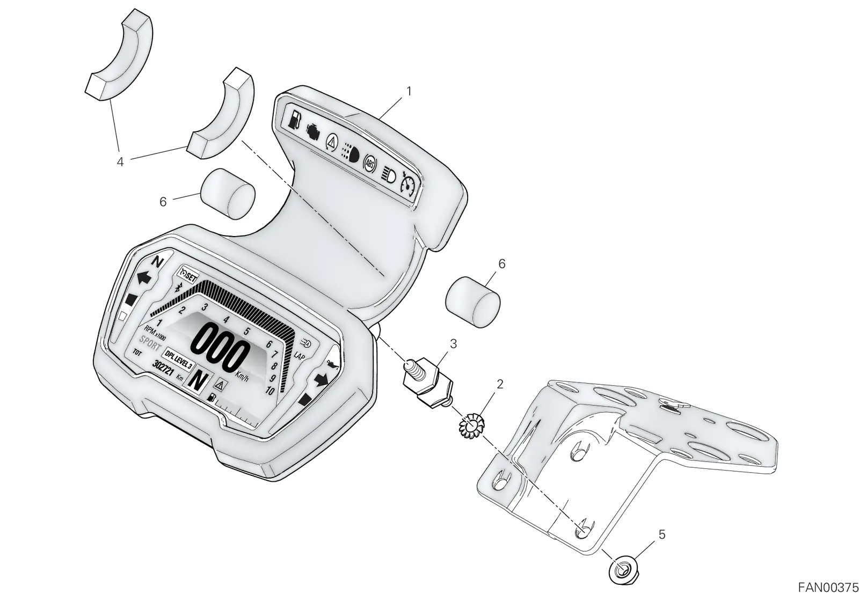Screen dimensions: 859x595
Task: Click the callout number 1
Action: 409,91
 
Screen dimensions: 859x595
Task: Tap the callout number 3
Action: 453,344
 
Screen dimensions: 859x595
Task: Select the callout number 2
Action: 500,384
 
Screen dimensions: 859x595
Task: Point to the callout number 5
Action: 662,534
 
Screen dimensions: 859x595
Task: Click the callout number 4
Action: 120,162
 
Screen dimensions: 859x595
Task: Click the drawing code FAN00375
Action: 828,587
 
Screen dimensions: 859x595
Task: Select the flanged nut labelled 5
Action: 620,571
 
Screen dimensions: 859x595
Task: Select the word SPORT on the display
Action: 150,343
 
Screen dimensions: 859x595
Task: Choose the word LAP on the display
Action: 299,356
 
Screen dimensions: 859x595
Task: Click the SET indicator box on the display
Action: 187,274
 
